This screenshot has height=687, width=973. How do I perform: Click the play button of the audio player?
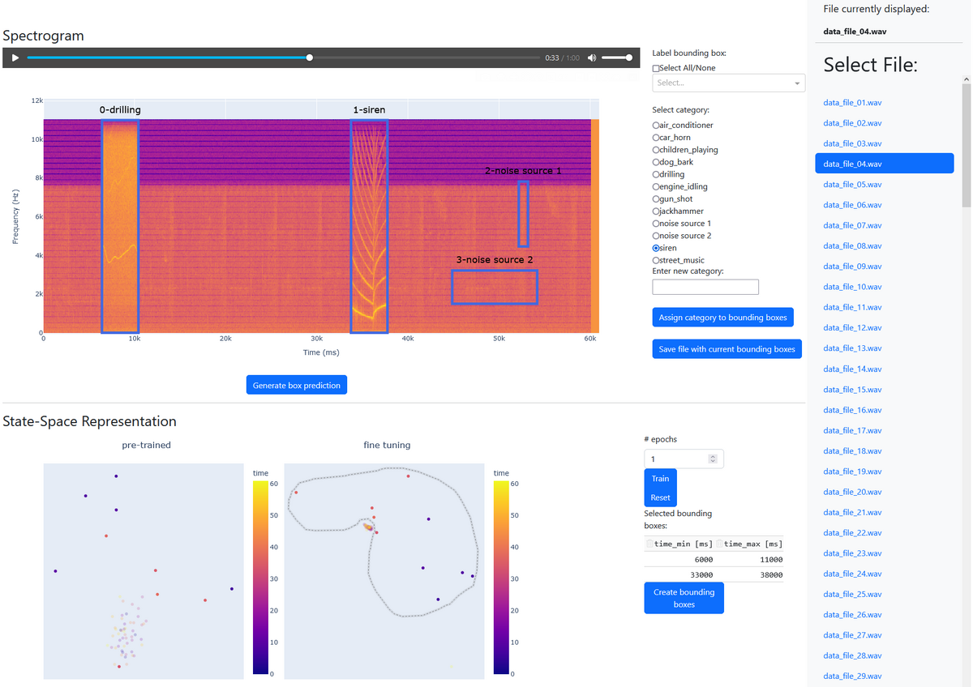click(x=15, y=58)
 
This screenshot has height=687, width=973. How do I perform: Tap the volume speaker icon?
click(x=592, y=58)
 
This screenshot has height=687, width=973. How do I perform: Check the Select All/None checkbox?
click(x=656, y=68)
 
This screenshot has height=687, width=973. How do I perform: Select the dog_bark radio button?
click(x=656, y=162)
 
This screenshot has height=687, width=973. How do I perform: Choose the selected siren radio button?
click(x=656, y=248)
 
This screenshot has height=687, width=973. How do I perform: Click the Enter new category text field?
click(x=705, y=287)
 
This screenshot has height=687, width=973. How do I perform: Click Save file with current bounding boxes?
click(x=727, y=349)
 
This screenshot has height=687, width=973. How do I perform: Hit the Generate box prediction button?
click(x=296, y=385)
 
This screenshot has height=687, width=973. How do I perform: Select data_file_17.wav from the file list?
click(x=852, y=430)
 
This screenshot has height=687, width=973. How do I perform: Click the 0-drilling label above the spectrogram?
click(x=120, y=110)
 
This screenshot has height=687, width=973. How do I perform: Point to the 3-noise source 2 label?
click(x=495, y=259)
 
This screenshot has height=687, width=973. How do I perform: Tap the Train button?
click(x=660, y=478)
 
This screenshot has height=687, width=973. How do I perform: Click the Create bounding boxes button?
click(x=684, y=598)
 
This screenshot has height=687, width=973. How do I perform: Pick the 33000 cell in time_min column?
click(x=701, y=575)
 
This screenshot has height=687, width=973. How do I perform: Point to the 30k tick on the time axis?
click(x=316, y=339)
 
